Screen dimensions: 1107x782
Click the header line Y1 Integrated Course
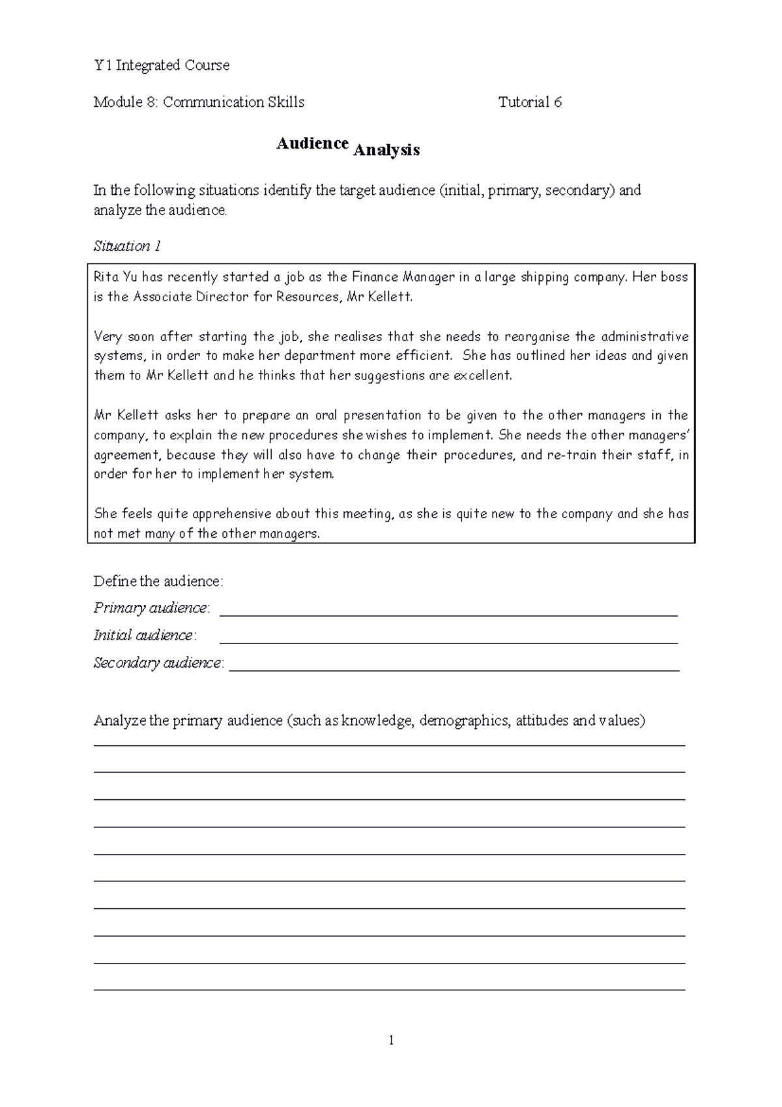[x=162, y=65]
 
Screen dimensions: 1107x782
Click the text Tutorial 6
[x=530, y=102]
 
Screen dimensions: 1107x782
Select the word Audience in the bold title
[x=312, y=143]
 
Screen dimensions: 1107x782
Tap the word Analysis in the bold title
[x=386, y=151]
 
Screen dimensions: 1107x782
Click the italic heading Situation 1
[x=127, y=246]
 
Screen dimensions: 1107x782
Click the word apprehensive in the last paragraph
[x=217, y=514]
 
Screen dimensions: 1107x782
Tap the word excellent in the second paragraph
[x=482, y=376]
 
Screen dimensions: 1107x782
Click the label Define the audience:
[x=158, y=581]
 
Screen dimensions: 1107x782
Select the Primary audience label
[x=151, y=608]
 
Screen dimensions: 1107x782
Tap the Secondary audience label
[x=158, y=663]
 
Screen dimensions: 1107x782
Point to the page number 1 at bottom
[x=391, y=1041]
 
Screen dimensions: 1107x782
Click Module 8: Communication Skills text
[x=199, y=102]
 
